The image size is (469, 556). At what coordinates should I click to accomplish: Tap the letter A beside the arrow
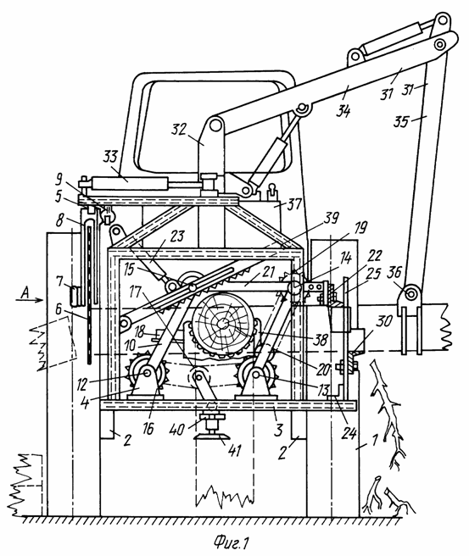(x=25, y=293)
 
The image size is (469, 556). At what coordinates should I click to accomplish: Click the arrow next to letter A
(x=30, y=300)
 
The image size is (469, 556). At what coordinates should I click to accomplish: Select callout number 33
(x=110, y=157)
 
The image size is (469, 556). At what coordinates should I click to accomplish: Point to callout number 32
(x=179, y=130)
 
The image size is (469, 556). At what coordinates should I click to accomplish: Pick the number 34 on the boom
(x=343, y=111)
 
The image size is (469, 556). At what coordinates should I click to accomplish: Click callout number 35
(x=401, y=122)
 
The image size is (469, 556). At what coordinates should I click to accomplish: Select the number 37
(x=294, y=204)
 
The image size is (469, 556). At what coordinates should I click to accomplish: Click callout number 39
(x=331, y=218)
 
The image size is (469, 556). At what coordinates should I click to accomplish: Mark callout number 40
(x=176, y=430)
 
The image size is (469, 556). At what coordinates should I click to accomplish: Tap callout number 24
(x=349, y=433)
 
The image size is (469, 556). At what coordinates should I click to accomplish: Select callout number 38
(x=320, y=340)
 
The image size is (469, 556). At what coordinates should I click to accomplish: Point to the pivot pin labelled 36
(x=411, y=294)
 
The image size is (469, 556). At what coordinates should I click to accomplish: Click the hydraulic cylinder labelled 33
(x=130, y=183)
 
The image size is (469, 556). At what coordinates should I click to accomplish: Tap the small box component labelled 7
(x=75, y=297)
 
